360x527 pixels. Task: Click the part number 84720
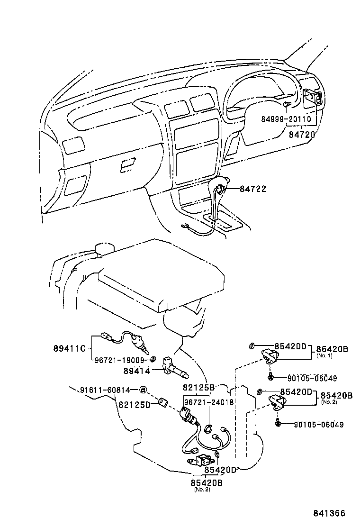pos(302,135)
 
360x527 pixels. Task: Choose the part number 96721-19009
pos(118,360)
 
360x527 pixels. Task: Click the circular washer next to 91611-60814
pos(143,390)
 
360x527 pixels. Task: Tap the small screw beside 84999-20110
pos(286,104)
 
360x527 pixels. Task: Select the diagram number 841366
pos(328,513)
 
